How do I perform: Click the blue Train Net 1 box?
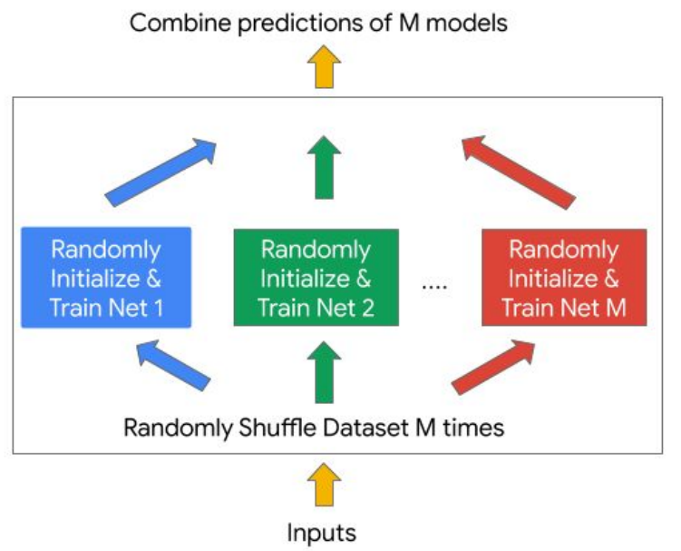point(106,278)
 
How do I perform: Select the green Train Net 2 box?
point(316,278)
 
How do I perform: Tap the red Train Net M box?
point(564,278)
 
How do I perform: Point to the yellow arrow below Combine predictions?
point(322,66)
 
